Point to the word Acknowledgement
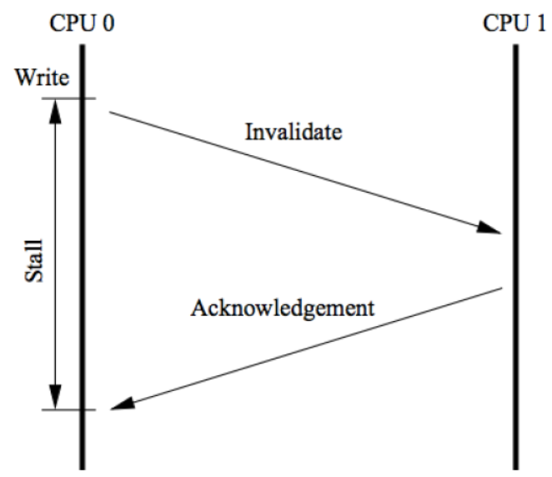pyautogui.click(x=281, y=308)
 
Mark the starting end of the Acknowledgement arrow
pyautogui.click(x=502, y=289)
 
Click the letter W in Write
pyautogui.click(x=22, y=80)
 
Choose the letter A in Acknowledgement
pyautogui.click(x=198, y=307)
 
